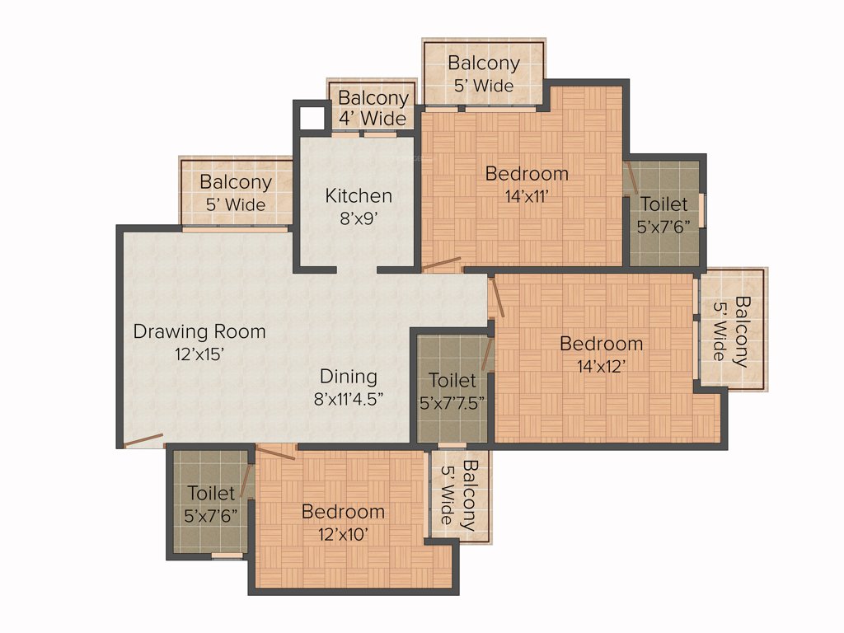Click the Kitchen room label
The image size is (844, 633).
click(x=359, y=195)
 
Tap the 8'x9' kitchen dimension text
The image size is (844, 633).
click(x=359, y=218)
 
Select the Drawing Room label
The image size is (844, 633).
click(x=199, y=331)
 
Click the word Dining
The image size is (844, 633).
click(x=349, y=377)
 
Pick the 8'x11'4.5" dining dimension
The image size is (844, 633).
click(x=349, y=399)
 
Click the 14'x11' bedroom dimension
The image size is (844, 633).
click(x=527, y=196)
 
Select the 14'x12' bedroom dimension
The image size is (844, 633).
click(x=601, y=366)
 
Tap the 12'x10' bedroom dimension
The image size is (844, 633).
click(x=343, y=534)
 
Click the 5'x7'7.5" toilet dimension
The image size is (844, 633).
click(x=452, y=403)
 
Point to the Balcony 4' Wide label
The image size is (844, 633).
click(x=373, y=108)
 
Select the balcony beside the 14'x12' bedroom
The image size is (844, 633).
click(x=731, y=329)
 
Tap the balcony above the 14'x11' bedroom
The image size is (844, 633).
click(x=483, y=73)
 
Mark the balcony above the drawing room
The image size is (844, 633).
click(x=236, y=192)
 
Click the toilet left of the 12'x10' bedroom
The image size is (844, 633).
click(x=210, y=503)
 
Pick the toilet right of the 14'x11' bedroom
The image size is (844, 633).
click(x=663, y=213)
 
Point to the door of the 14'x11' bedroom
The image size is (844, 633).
click(x=440, y=265)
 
